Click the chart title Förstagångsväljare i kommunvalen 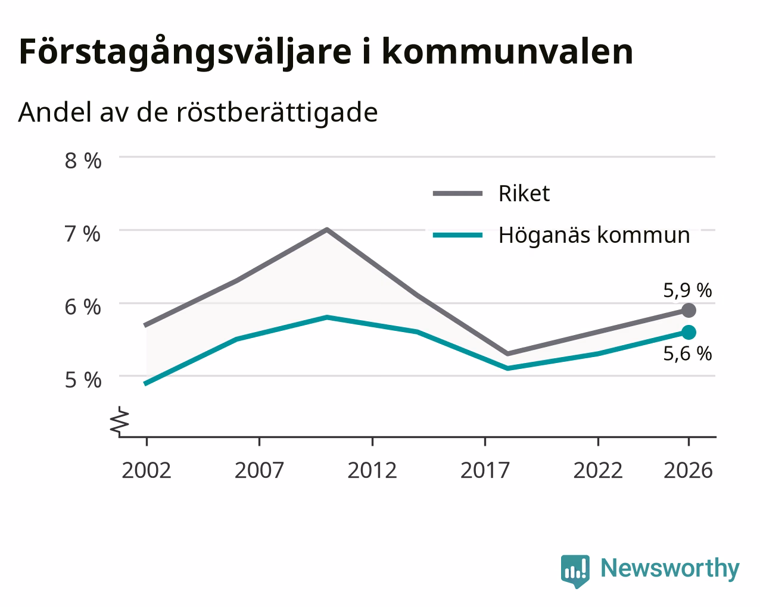coord(326,53)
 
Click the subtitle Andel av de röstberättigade coord(198,113)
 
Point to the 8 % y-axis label coord(83,161)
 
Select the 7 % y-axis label coord(83,234)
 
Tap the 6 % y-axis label coord(83,307)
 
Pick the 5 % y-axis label coord(83,380)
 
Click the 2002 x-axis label coord(146,470)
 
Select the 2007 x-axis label coord(259,470)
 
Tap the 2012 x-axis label coord(372,470)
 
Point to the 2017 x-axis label coord(485,470)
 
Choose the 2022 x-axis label coord(598,470)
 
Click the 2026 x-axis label coord(689,470)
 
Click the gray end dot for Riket coord(689,311)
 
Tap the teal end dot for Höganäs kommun coord(689,333)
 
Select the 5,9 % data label coord(687,290)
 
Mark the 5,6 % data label coord(687,353)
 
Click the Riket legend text coord(524,193)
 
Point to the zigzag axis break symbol coord(120,420)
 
